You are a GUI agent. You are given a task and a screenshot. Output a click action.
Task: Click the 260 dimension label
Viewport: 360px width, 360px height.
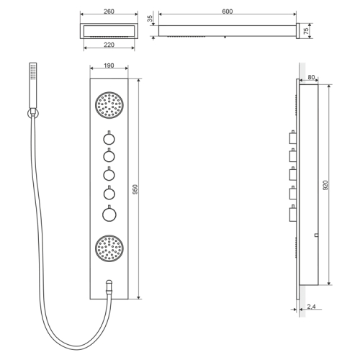[x=109, y=12]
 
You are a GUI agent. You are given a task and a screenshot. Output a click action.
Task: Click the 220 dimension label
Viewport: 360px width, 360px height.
[x=109, y=45]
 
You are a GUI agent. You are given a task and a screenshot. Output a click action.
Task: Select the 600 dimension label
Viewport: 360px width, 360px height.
[x=227, y=12]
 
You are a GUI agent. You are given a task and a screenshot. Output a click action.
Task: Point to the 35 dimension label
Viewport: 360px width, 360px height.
[x=150, y=19]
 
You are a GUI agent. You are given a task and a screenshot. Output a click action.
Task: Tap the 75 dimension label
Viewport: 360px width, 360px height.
[x=306, y=31]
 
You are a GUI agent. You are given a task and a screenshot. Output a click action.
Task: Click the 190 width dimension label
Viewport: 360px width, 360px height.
[x=109, y=66]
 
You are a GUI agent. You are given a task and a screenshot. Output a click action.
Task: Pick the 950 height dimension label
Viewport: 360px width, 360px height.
[x=135, y=189]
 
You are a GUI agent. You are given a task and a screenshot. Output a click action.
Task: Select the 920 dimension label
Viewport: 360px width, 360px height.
[x=325, y=185]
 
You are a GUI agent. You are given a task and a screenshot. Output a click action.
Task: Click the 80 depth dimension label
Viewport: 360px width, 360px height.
[x=311, y=77]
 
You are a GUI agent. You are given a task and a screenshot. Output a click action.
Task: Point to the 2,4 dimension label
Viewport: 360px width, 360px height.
[x=311, y=307]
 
